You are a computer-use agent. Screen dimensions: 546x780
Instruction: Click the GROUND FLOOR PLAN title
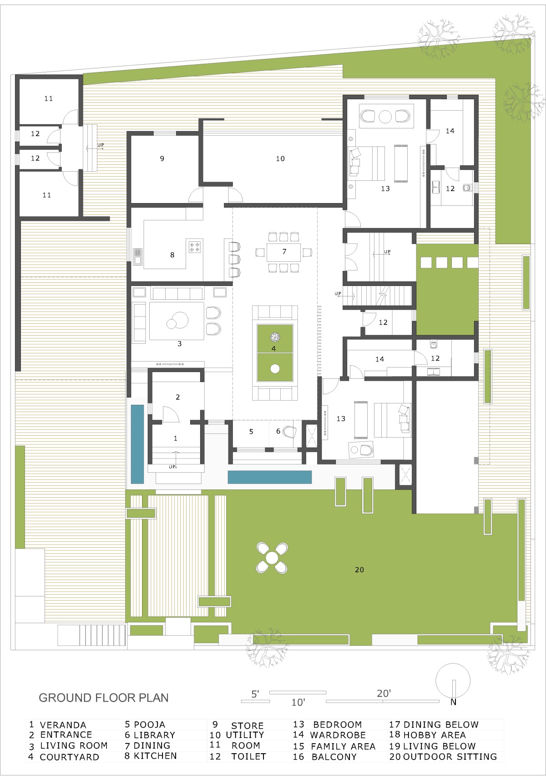pyautogui.click(x=103, y=698)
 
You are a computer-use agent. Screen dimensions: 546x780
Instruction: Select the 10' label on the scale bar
pyautogui.click(x=298, y=702)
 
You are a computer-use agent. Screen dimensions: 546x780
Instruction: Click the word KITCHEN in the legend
pyautogui.click(x=155, y=755)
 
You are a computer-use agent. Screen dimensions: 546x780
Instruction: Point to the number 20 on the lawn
pyautogui.click(x=359, y=570)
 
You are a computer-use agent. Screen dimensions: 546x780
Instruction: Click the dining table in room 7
pyautogui.click(x=283, y=252)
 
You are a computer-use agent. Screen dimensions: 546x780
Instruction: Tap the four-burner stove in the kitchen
pyautogui.click(x=195, y=247)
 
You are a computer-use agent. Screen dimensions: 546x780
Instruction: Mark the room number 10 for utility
pyautogui.click(x=280, y=158)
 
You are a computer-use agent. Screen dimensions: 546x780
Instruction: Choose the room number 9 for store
pyautogui.click(x=162, y=158)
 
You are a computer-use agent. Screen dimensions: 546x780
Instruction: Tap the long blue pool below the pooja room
pyautogui.click(x=270, y=477)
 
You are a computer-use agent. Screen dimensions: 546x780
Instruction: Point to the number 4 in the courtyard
pyautogui.click(x=273, y=348)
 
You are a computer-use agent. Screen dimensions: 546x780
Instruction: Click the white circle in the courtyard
pyautogui.click(x=275, y=368)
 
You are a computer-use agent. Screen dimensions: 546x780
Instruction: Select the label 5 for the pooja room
pyautogui.click(x=251, y=432)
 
